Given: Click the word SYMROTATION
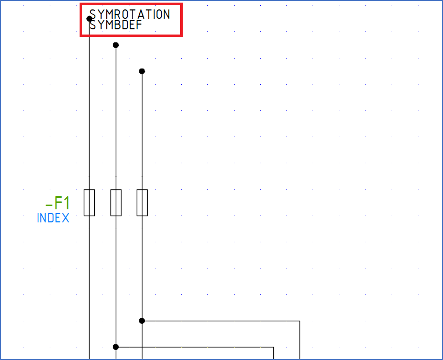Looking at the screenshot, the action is [x=130, y=14].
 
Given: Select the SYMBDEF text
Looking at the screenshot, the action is [x=116, y=25].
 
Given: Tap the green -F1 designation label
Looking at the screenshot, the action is [x=57, y=203].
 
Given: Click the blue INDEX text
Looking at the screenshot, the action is [x=53, y=218].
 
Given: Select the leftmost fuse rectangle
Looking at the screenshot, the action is [x=90, y=203].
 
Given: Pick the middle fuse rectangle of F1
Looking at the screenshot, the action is [x=116, y=203].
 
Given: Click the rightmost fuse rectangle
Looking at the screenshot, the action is [x=142, y=203].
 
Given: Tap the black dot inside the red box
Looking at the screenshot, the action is [x=90, y=19].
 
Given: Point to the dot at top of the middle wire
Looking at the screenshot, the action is [x=116, y=45].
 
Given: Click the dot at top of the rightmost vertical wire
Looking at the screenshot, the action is [x=142, y=71].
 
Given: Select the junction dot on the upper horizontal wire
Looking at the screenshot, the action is [x=142, y=321].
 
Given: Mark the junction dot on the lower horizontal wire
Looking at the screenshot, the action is [x=116, y=347].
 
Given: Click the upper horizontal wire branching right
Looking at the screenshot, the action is [x=220, y=321].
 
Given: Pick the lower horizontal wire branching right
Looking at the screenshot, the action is [x=194, y=347].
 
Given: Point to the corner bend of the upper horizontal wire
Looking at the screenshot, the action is [x=300, y=321].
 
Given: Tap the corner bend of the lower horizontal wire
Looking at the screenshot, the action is [x=273, y=347].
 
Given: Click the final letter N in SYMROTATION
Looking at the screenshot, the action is [x=166, y=14].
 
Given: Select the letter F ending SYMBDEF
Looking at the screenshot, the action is [x=139, y=25].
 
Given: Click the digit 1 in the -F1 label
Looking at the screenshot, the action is [x=66, y=203].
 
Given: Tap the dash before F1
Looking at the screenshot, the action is [x=49, y=204].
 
